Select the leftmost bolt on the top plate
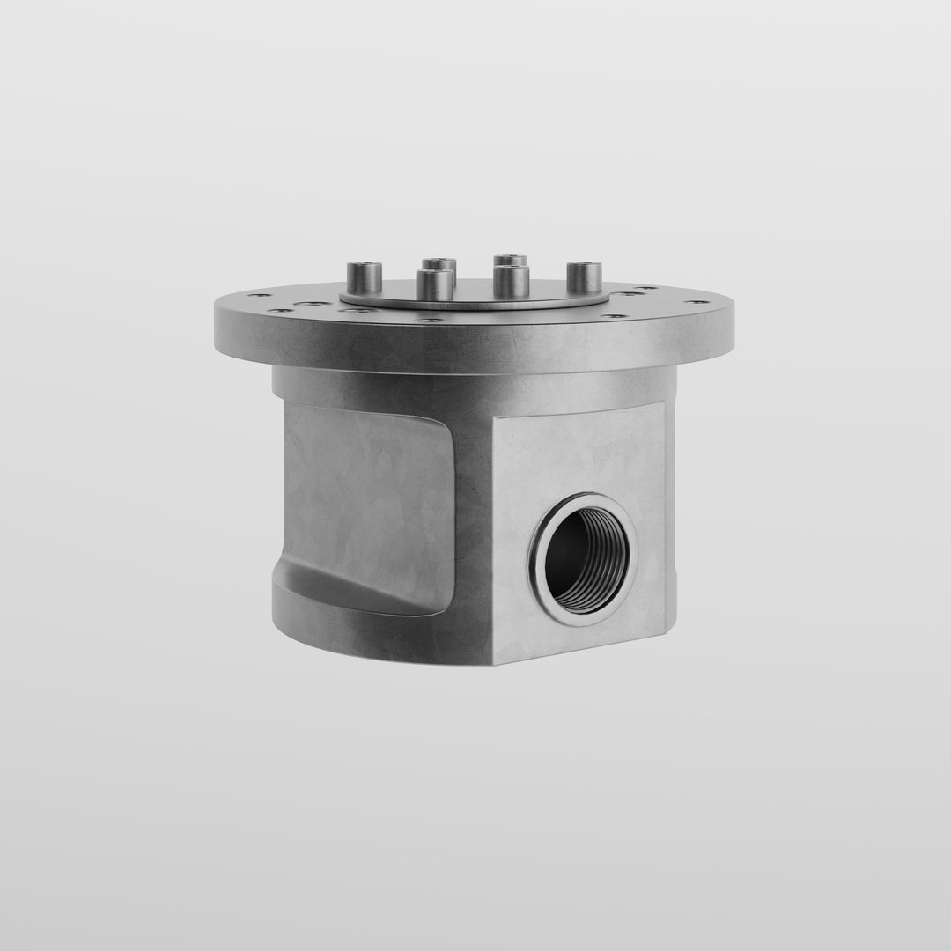(364, 277)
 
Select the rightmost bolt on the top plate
(584, 277)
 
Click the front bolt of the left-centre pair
(435, 284)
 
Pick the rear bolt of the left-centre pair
(439, 263)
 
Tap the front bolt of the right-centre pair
(512, 282)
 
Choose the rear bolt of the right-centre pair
(510, 261)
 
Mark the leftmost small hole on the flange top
(254, 296)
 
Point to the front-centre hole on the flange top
(431, 320)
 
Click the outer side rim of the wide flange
(475, 348)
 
